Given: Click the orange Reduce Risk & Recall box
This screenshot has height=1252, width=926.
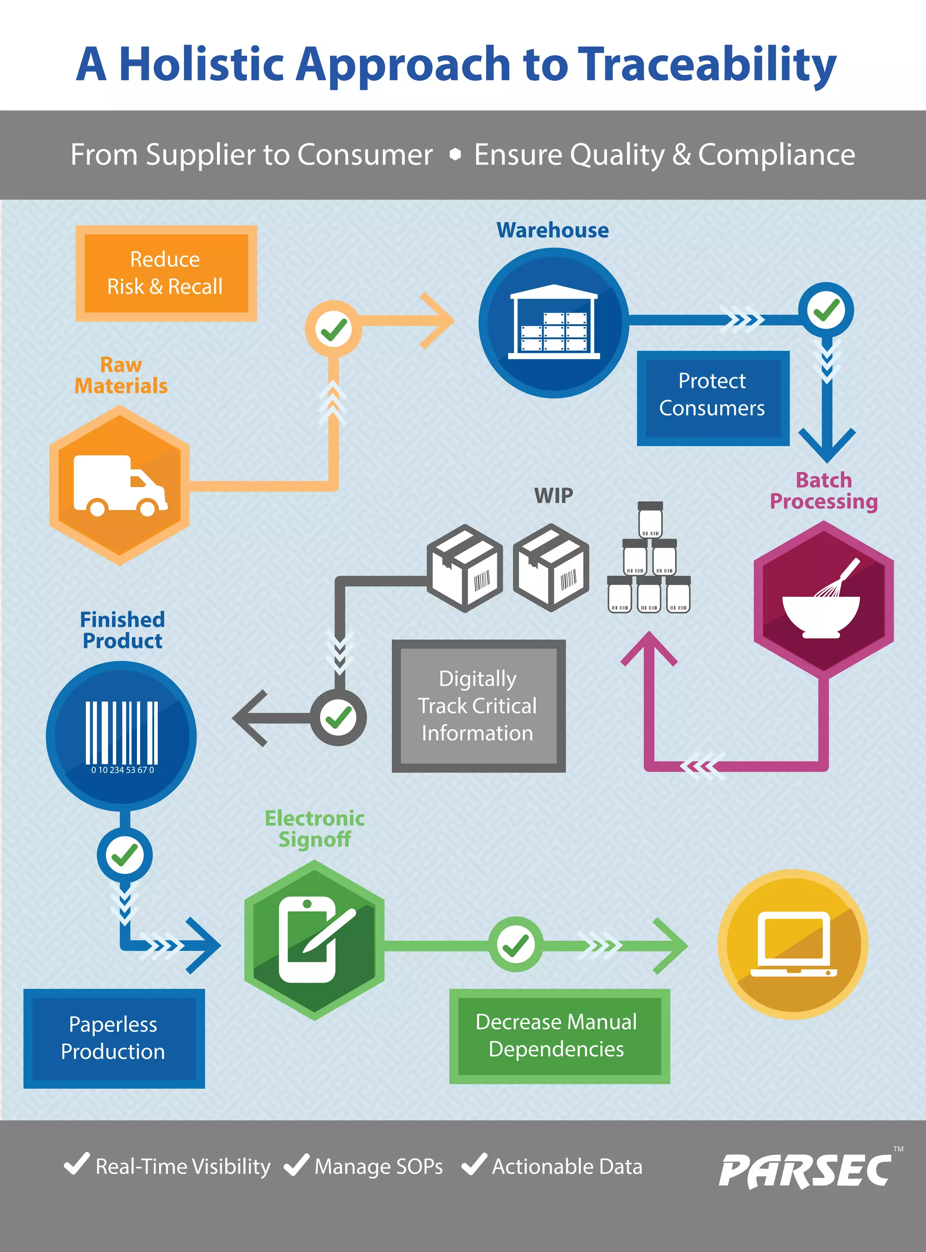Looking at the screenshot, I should [x=166, y=273].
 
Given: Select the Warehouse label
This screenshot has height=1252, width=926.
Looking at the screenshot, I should [x=552, y=230].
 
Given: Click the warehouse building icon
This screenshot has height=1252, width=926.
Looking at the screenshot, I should [x=553, y=323].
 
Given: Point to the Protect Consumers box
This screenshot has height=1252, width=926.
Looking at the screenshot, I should [x=713, y=395].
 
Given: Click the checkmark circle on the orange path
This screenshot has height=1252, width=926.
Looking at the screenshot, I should [x=334, y=329].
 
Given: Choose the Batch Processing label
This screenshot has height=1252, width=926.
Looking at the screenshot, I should [x=823, y=491].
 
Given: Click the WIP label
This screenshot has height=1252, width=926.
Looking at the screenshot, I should [x=553, y=496].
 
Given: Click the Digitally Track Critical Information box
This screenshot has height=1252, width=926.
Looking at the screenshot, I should [x=478, y=706].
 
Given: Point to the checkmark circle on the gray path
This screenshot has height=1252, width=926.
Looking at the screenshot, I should [x=339, y=717].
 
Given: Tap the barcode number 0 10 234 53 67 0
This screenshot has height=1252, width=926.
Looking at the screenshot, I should [x=122, y=770].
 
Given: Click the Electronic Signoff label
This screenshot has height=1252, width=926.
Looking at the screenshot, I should [x=314, y=829].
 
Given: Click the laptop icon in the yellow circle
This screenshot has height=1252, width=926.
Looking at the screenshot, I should [x=793, y=944].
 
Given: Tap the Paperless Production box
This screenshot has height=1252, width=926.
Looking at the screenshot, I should [x=114, y=1038].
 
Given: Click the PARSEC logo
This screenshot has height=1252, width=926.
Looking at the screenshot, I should [x=804, y=1171].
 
